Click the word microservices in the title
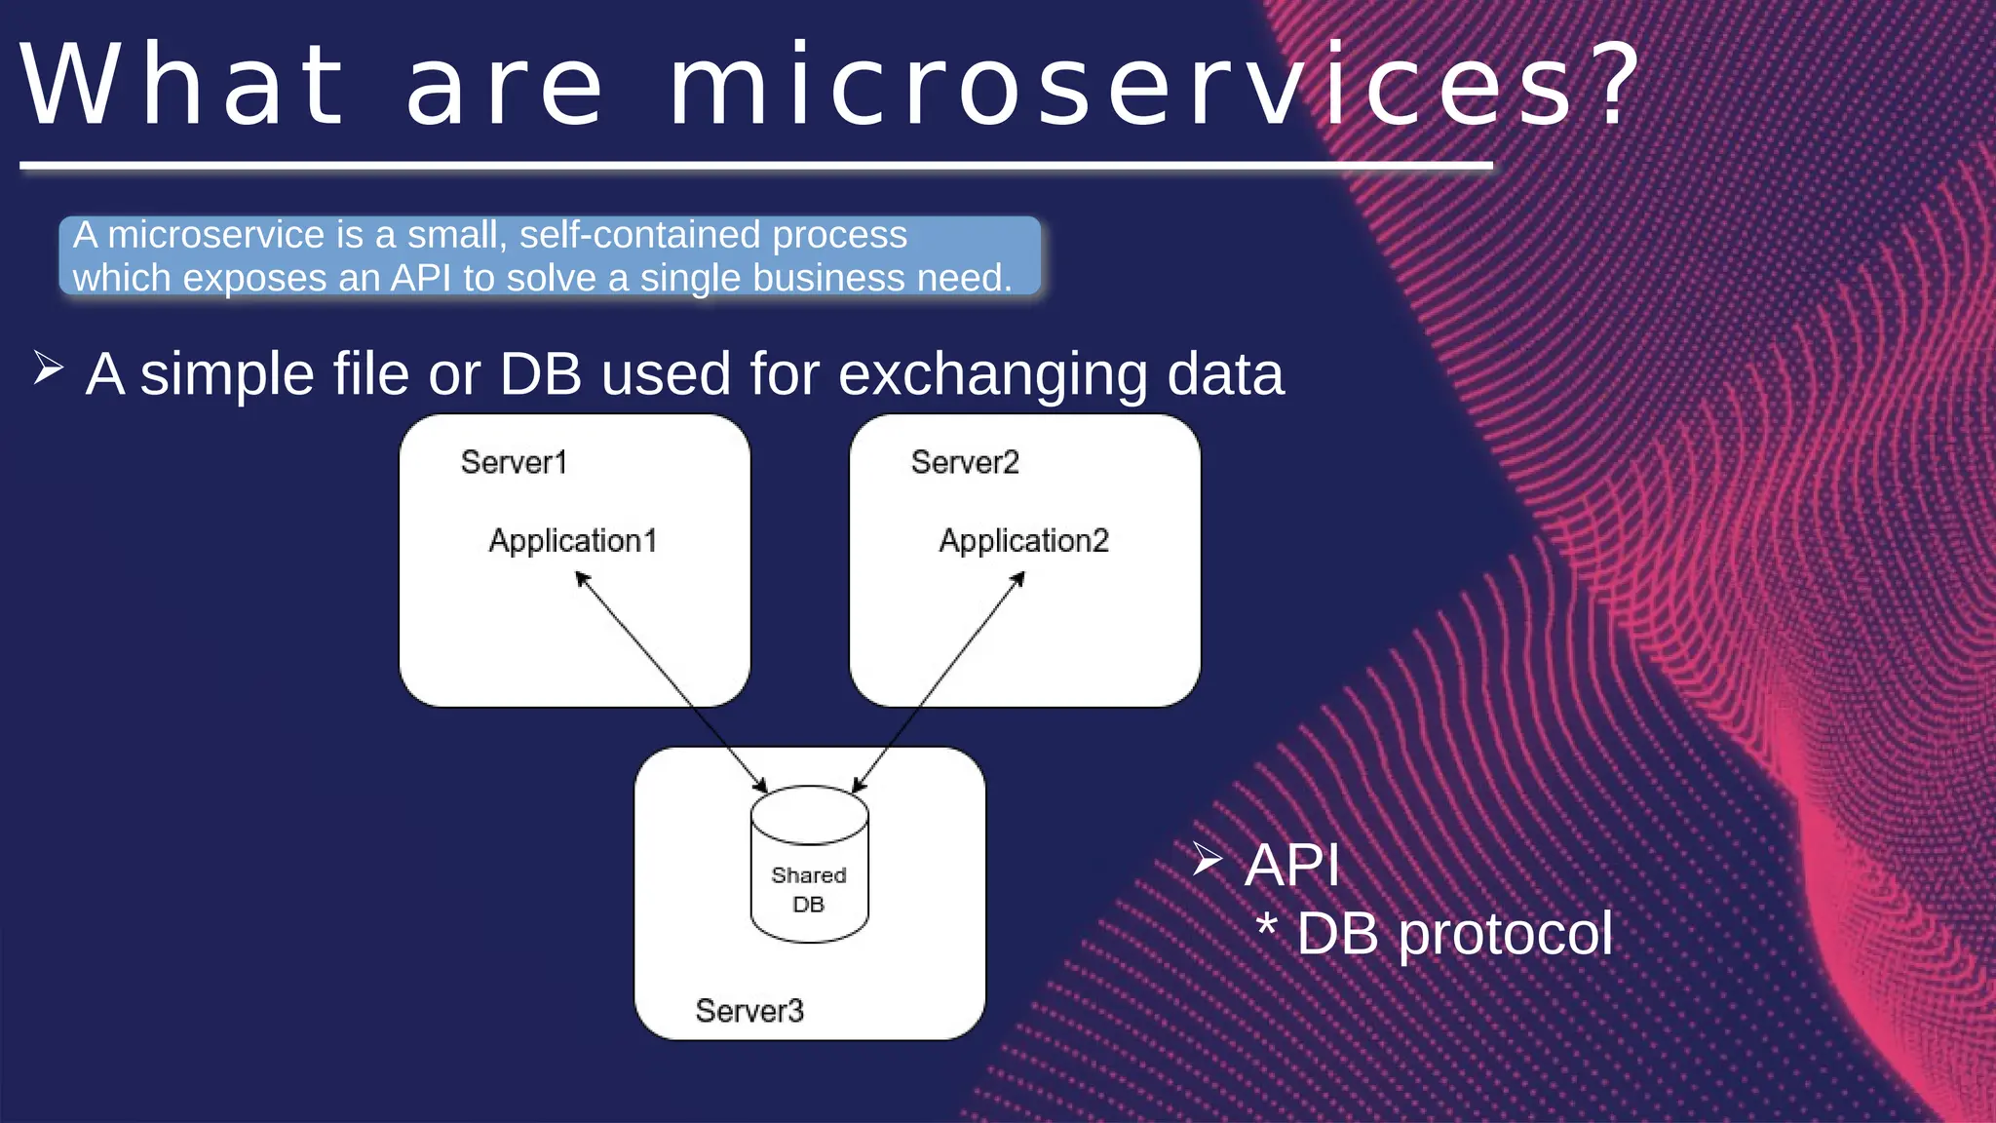click(x=1121, y=88)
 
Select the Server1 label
click(x=514, y=462)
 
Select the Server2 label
click(x=965, y=462)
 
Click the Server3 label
click(x=749, y=1011)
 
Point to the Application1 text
click(x=573, y=541)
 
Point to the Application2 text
click(x=1023, y=541)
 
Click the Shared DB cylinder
click(x=809, y=866)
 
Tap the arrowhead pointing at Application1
click(x=583, y=579)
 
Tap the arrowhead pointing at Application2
click(x=1017, y=579)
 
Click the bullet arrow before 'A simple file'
click(x=48, y=368)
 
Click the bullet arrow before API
click(x=1208, y=859)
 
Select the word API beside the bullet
click(x=1292, y=865)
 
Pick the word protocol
click(x=1505, y=935)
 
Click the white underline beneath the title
click(x=755, y=167)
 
